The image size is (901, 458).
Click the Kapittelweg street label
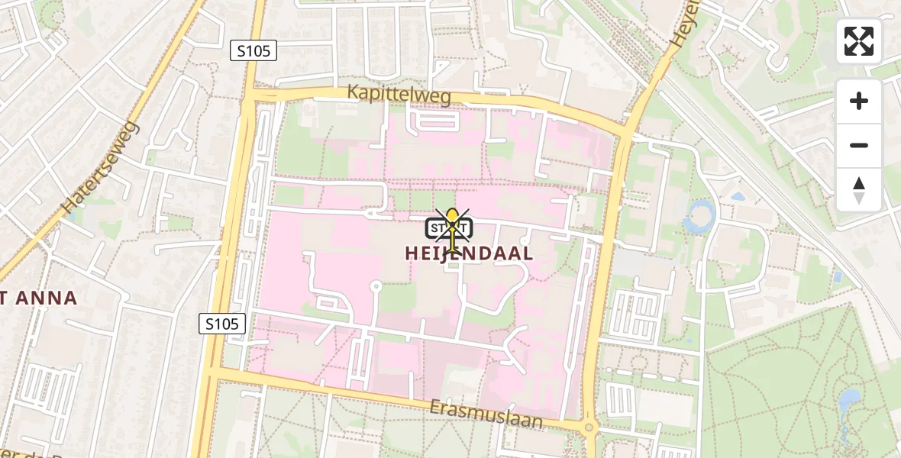coord(399,94)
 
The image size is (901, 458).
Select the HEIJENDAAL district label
coord(469,253)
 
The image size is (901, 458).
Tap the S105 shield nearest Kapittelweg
coord(253,51)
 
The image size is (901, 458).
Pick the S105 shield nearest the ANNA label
coord(222,324)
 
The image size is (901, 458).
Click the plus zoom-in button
coord(859,101)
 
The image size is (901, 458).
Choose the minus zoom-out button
coord(859,145)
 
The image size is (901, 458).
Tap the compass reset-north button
coord(859,189)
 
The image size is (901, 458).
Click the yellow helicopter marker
coord(454,229)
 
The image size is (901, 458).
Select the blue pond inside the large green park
coord(848,401)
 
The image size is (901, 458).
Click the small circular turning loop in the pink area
coord(375,287)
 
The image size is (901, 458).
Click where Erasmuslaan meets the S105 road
coord(213,372)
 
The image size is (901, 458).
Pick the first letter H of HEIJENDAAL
coord(411,253)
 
